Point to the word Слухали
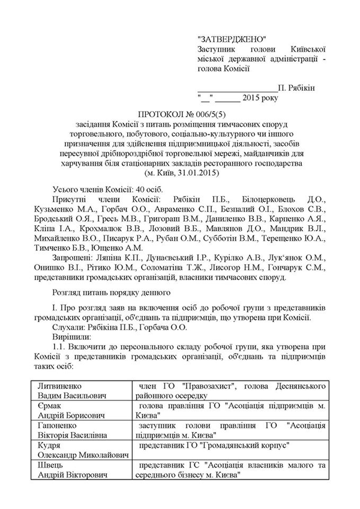[x=70, y=328]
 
